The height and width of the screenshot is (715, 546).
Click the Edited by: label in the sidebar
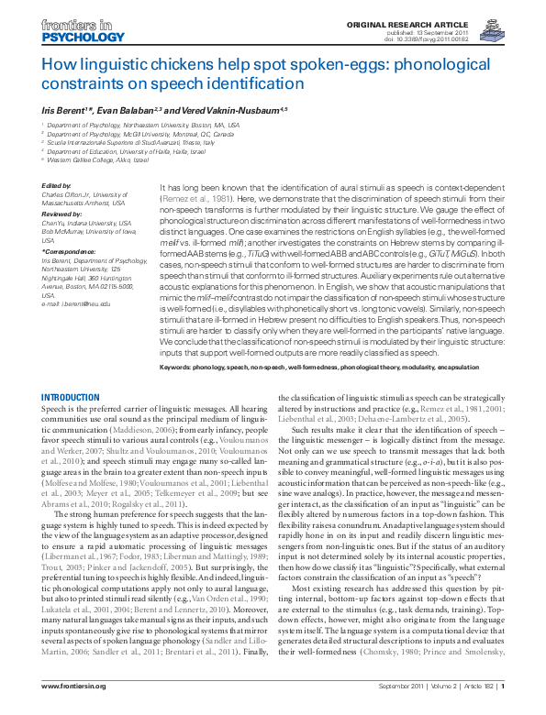(57, 185)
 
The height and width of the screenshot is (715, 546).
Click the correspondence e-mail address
(78, 302)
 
